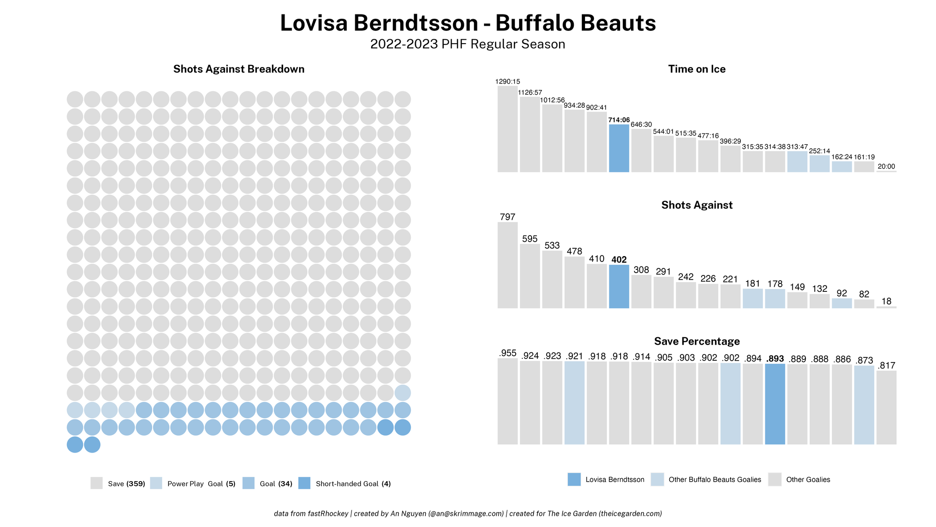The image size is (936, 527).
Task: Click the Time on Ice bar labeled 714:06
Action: pos(619,148)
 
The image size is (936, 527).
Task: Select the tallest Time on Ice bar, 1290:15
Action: pos(507,129)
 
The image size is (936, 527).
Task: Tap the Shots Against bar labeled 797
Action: pos(507,265)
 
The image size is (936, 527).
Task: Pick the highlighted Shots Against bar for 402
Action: pos(619,286)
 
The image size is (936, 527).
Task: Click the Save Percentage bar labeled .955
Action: pos(507,401)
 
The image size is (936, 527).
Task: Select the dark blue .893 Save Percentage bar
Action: pos(775,404)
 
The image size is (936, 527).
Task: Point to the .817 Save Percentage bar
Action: pos(886,408)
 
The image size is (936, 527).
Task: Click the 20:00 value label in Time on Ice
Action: pos(886,166)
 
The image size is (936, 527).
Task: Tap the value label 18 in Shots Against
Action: pos(886,301)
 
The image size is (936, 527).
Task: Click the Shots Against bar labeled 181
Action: pos(753,298)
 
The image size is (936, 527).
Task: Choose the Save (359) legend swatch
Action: pos(96,483)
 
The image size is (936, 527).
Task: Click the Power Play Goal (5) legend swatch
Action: pos(156,483)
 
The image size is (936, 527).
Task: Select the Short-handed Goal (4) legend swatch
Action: pos(304,483)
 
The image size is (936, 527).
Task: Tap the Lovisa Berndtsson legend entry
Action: pos(614,479)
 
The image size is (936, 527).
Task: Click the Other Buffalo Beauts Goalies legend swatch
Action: pos(657,479)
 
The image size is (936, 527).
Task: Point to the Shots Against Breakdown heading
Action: pos(239,69)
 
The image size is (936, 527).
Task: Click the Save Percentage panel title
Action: pos(697,341)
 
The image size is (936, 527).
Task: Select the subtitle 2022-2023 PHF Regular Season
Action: pos(468,44)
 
